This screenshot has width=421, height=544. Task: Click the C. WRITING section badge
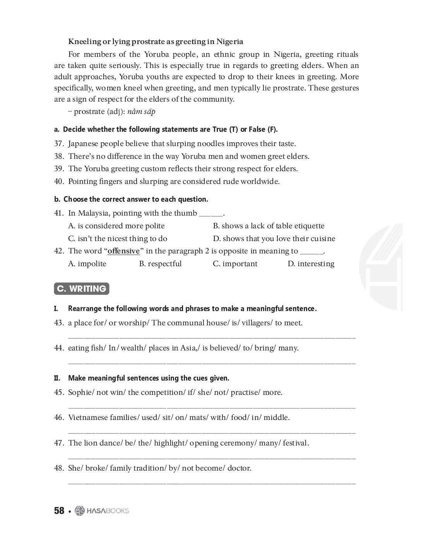coord(82,289)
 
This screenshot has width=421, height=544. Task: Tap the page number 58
coord(59,511)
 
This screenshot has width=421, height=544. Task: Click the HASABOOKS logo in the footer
coord(102,511)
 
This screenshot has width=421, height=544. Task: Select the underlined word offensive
coord(123,251)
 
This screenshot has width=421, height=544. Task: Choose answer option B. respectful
coord(160,264)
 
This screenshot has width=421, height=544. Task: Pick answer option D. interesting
coord(311,264)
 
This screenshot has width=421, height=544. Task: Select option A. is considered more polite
coord(116,226)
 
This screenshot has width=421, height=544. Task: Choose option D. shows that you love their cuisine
coord(274,239)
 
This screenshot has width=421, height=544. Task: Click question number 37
coord(59,144)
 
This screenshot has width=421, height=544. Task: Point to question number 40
coord(59,181)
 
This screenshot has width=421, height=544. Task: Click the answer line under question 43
coord(212,338)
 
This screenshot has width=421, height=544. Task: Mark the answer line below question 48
coord(212,483)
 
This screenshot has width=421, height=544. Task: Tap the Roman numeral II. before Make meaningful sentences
coord(57,378)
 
